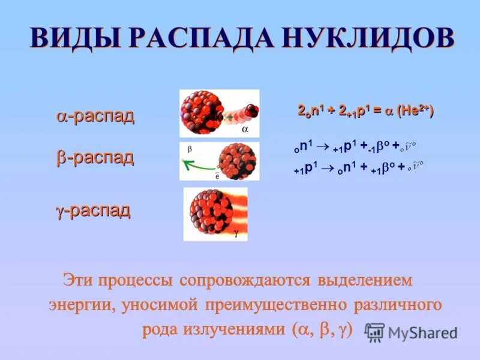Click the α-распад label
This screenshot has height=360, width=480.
tap(95, 116)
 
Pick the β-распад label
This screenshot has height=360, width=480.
tap(95, 157)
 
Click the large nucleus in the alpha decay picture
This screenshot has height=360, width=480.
tap(202, 112)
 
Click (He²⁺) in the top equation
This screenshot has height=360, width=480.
tap(415, 111)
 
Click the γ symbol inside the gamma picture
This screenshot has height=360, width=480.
tap(236, 236)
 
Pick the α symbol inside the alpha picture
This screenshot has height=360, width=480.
tap(245, 128)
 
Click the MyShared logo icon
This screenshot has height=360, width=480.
tap(374, 332)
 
